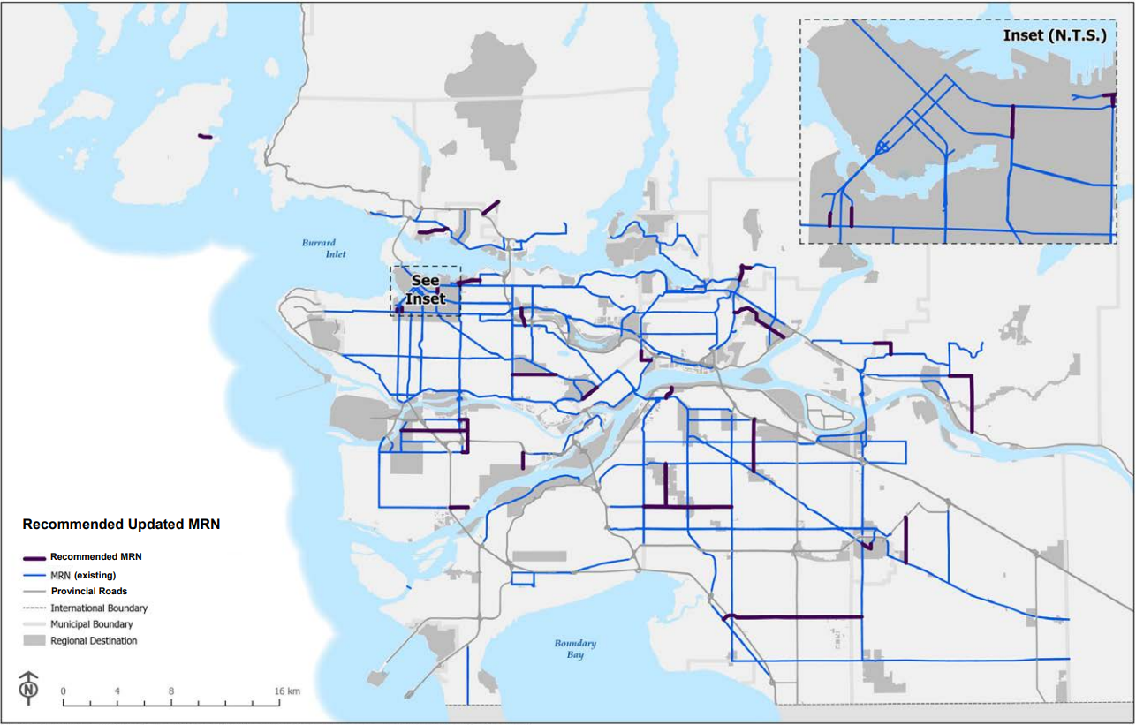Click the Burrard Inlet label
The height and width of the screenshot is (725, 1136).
[x=319, y=248]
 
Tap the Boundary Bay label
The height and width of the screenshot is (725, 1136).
[x=575, y=649]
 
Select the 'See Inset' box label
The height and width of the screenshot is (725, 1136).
[x=426, y=290]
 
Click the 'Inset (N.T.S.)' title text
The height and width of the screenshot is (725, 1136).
[x=1053, y=36]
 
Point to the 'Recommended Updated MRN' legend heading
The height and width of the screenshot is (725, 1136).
[x=121, y=525]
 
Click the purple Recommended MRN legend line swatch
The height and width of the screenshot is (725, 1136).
[x=34, y=558]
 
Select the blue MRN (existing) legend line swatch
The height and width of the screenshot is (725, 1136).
[x=34, y=575]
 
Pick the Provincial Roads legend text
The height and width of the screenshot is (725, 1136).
[x=89, y=592]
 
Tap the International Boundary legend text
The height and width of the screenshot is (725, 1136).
[x=99, y=608]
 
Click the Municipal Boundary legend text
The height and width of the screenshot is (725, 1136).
[x=92, y=624]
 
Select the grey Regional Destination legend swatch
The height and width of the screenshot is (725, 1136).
[x=34, y=640]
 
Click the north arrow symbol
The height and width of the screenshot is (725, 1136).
[x=30, y=688]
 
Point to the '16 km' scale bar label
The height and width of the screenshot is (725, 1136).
[x=288, y=691]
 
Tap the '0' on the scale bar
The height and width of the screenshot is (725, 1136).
[x=64, y=691]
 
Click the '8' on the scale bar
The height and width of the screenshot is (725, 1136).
[x=171, y=691]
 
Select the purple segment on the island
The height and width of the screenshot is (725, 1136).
[x=205, y=136]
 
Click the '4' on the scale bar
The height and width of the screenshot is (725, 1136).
[x=117, y=691]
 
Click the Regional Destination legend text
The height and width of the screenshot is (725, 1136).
[x=94, y=641]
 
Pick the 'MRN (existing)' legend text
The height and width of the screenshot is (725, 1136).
[x=83, y=575]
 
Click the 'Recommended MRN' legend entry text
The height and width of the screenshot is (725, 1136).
[x=96, y=557]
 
